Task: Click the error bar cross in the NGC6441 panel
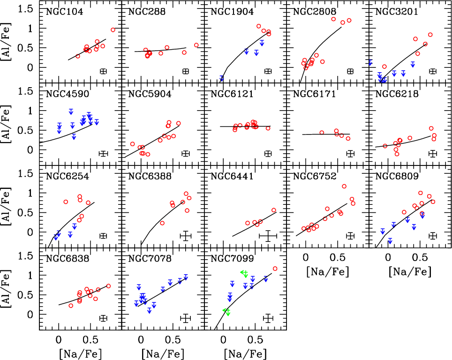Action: [268, 236]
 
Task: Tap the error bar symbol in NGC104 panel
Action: [104, 71]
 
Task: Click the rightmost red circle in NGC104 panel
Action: [113, 30]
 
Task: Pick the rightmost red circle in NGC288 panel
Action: [196, 45]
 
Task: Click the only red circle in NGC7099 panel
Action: [275, 269]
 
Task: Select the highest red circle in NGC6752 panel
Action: [344, 186]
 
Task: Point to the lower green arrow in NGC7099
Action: [227, 311]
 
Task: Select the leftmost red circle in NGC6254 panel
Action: [66, 202]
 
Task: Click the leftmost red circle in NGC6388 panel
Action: [162, 223]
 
